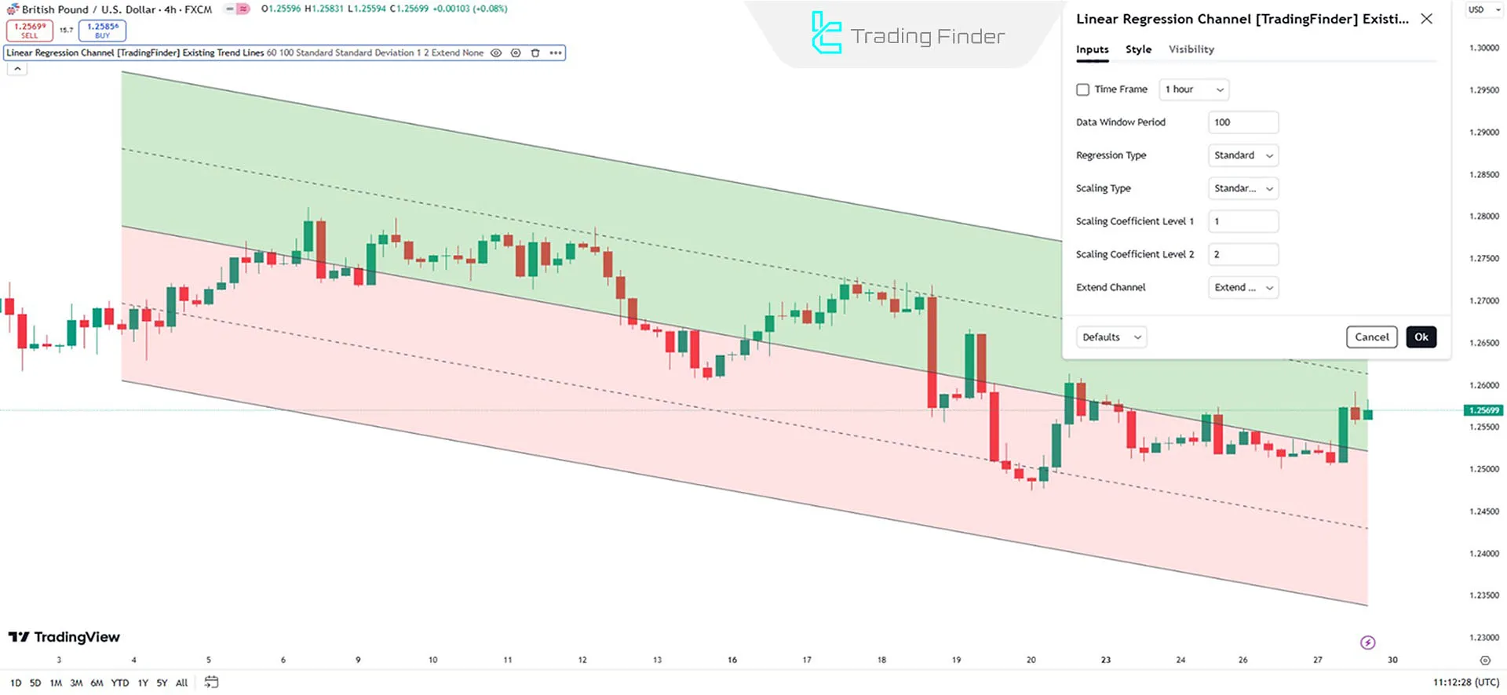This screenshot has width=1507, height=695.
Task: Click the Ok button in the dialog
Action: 1421,337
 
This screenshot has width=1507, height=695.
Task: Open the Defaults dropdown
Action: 1111,337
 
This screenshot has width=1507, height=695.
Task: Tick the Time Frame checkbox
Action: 1083,89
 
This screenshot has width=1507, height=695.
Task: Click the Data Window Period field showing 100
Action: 1242,122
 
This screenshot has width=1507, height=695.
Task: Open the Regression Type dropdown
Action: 1242,155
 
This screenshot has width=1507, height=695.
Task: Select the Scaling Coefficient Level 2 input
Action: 1242,254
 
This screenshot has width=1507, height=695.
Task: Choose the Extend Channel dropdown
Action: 1242,288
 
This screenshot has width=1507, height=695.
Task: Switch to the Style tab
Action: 1138,49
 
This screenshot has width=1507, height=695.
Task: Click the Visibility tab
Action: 1191,49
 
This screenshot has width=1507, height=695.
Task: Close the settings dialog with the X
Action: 1426,19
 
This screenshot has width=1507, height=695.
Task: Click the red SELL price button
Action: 30,31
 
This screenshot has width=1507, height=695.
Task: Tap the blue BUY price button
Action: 103,31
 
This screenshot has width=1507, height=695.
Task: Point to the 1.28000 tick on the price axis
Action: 1483,217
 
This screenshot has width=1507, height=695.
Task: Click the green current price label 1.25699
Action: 1483,410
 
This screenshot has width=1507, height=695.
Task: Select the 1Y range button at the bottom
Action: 143,683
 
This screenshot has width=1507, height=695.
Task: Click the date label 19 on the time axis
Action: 956,660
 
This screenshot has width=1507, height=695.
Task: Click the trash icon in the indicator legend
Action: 535,53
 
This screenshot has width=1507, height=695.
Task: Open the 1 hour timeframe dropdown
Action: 1193,89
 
